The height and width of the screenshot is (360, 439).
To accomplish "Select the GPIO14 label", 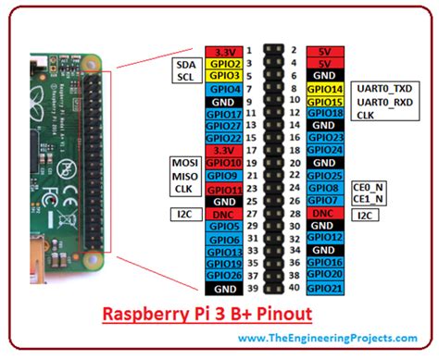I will (x=323, y=87).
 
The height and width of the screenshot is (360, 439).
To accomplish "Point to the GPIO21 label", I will (x=323, y=288).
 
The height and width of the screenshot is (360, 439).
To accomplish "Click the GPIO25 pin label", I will (x=323, y=176).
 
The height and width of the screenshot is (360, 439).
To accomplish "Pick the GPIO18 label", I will (x=323, y=113).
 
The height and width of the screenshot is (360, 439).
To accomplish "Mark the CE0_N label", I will (x=369, y=187).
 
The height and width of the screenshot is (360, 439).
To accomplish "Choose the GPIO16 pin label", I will (x=323, y=263).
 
